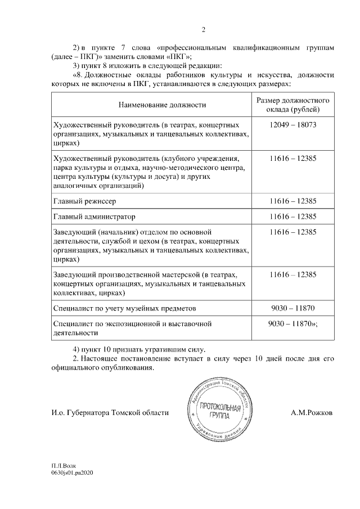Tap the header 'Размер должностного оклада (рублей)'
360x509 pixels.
[292, 105]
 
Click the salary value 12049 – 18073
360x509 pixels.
[292, 124]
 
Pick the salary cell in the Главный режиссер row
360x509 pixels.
[292, 201]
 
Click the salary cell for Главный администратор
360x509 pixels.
[292, 217]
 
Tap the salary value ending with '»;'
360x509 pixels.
[294, 324]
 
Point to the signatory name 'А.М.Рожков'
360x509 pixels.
[311, 413]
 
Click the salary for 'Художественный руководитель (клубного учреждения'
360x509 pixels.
[292, 159]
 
